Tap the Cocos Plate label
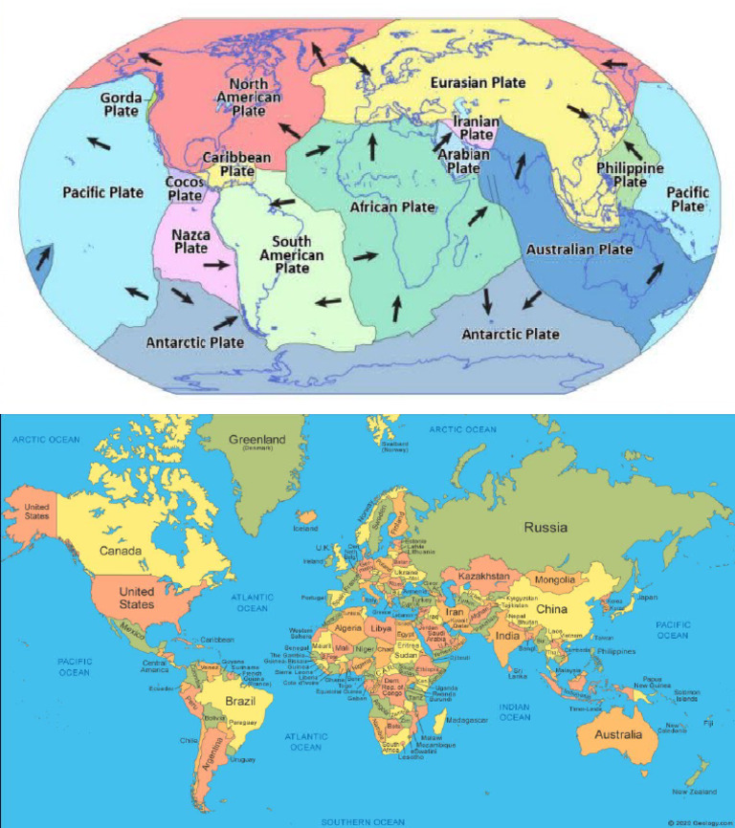click(x=184, y=188)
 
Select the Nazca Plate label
click(x=190, y=240)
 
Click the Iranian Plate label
click(x=474, y=128)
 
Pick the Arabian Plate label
click(x=463, y=161)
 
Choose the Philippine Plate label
click(x=629, y=174)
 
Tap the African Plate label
click(x=392, y=207)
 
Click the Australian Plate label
click(x=579, y=250)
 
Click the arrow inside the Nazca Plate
click(x=218, y=266)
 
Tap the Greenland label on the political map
click(x=256, y=441)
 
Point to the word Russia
click(x=545, y=527)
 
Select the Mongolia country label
click(x=554, y=579)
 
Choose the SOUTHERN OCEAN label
click(x=363, y=821)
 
